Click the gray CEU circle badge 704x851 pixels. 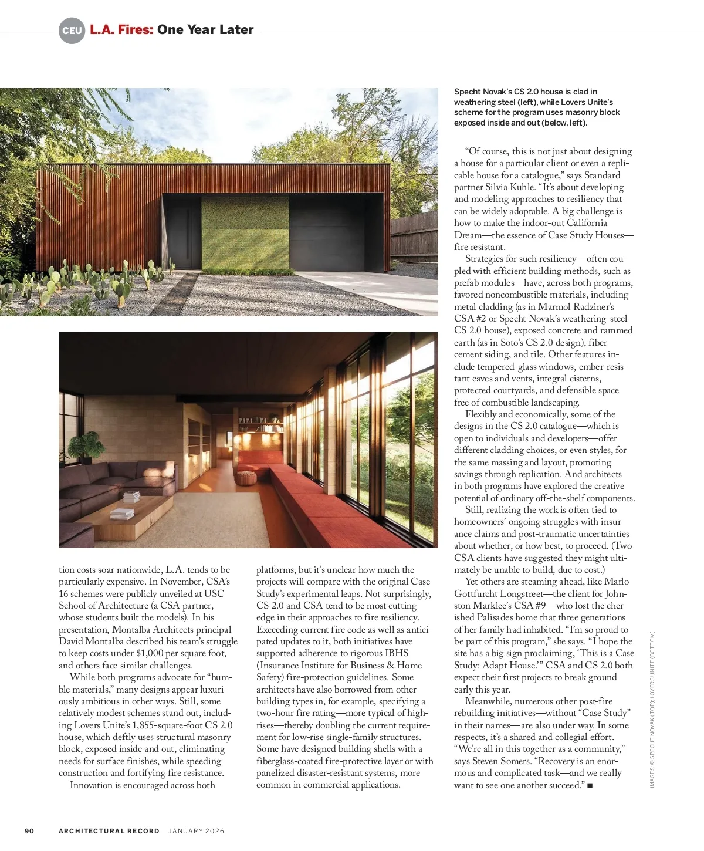72,31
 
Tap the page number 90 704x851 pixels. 29,831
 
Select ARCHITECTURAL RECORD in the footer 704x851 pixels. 109,831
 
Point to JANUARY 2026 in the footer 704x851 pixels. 197,831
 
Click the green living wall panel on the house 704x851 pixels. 245,232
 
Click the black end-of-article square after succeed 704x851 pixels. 590,786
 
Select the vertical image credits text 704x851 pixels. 652,709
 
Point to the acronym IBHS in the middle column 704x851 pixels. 397,653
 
